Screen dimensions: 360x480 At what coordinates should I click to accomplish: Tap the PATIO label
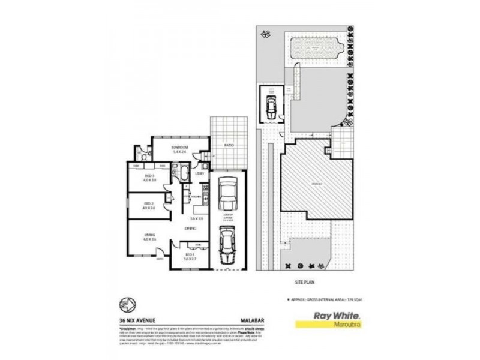point(229,145)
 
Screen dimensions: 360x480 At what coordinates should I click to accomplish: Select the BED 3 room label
point(149,176)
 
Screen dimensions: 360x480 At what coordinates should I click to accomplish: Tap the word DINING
point(191,228)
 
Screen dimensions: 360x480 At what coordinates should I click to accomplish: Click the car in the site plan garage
point(271,107)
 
